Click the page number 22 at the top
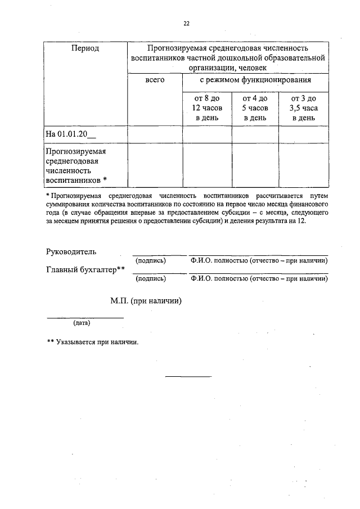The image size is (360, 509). click(x=186, y=23)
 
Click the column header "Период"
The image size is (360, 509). click(x=85, y=48)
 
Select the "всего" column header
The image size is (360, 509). click(x=155, y=80)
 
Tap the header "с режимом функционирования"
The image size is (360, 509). click(x=255, y=80)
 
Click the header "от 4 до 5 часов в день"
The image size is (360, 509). click(x=255, y=108)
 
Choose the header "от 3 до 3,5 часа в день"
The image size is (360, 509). click(x=303, y=108)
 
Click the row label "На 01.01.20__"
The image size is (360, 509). click(x=71, y=134)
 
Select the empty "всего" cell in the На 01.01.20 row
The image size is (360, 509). click(x=155, y=134)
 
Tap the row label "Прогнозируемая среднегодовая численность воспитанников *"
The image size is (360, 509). click(x=76, y=165)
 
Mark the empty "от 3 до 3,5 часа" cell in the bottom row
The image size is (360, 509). click(x=303, y=165)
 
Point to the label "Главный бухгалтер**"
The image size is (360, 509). click(x=84, y=270)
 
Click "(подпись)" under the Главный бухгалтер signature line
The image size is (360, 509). click(x=151, y=278)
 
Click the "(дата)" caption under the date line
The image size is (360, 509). click(x=82, y=323)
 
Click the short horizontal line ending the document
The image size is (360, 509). click(x=188, y=376)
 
